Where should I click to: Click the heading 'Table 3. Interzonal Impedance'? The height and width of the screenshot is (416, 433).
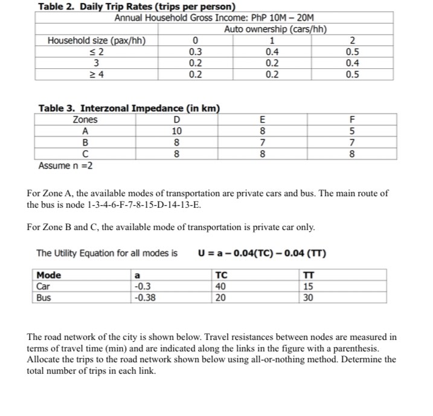tap(129, 109)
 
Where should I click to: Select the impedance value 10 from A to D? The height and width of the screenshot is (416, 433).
tap(176, 130)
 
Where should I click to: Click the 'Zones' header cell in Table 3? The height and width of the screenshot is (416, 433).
tap(85, 120)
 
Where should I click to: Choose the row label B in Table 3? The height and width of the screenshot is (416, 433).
tap(85, 142)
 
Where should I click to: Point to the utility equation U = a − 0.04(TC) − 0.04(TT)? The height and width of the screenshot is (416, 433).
tap(263, 252)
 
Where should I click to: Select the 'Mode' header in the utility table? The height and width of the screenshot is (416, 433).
tap(49, 275)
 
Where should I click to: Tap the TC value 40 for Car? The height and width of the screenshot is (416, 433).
tap(220, 286)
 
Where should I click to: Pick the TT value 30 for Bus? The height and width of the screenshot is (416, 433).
tap(308, 297)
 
